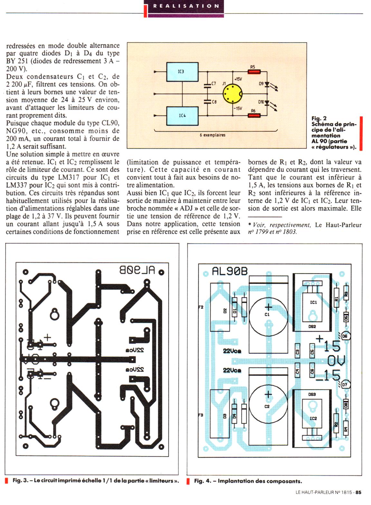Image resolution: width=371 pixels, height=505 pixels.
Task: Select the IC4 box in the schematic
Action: click(x=182, y=116)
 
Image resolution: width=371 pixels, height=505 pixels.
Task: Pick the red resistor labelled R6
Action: click(x=254, y=115)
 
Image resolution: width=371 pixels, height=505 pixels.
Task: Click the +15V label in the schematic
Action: click(x=238, y=79)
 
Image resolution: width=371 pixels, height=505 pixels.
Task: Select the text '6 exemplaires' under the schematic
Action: click(x=213, y=135)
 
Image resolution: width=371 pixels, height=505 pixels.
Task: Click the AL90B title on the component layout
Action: click(x=230, y=272)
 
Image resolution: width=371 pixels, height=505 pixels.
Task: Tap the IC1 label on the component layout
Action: click(x=313, y=302)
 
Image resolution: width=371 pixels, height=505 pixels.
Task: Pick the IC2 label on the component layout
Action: click(x=313, y=418)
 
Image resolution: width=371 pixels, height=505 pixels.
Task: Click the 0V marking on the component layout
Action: click(x=336, y=360)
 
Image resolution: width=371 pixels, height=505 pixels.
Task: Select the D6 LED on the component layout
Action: click(x=346, y=336)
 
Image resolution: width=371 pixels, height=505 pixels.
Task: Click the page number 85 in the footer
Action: click(x=358, y=492)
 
